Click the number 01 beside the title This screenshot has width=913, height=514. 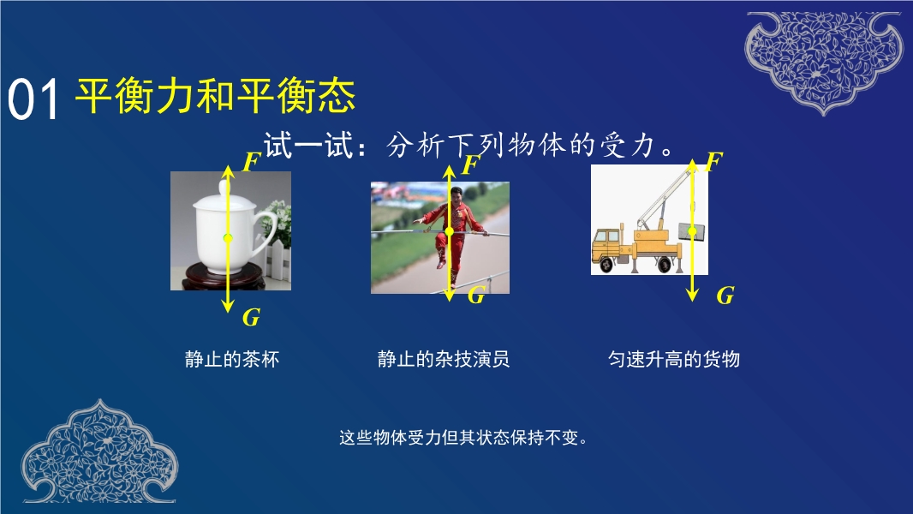tap(33, 100)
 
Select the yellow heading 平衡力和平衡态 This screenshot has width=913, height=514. tap(216, 95)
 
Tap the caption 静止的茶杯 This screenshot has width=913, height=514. tap(232, 359)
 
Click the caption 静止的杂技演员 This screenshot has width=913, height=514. tap(444, 359)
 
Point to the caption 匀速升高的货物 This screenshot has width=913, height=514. tap(674, 359)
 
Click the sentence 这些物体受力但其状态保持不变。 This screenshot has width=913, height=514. tap(462, 437)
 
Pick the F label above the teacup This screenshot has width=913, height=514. tap(251, 162)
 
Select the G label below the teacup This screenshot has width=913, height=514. tap(251, 317)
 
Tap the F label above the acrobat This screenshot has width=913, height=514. tap(470, 164)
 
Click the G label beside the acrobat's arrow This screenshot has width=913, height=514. tap(476, 296)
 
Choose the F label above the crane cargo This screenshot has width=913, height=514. tap(713, 161)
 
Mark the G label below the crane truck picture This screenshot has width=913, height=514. tap(725, 296)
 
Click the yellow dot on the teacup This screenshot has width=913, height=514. tap(228, 237)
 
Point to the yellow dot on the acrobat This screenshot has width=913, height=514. tap(449, 231)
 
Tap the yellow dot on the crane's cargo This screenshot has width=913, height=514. tap(692, 231)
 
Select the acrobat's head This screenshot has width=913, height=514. tap(457, 194)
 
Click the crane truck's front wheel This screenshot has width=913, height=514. tap(606, 265)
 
